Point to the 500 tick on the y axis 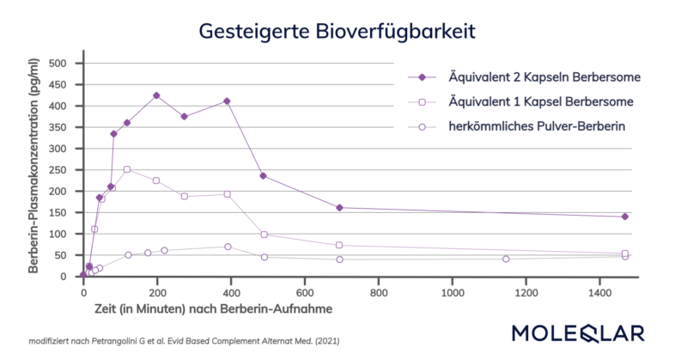58,64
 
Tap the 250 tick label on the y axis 58,170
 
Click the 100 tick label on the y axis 58,234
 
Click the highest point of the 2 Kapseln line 156,95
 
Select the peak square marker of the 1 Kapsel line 127,169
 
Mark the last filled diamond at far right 625,217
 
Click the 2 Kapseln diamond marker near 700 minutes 339,208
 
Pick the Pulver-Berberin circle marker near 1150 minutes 506,259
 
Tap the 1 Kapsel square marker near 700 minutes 339,246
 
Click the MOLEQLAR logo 584,333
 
